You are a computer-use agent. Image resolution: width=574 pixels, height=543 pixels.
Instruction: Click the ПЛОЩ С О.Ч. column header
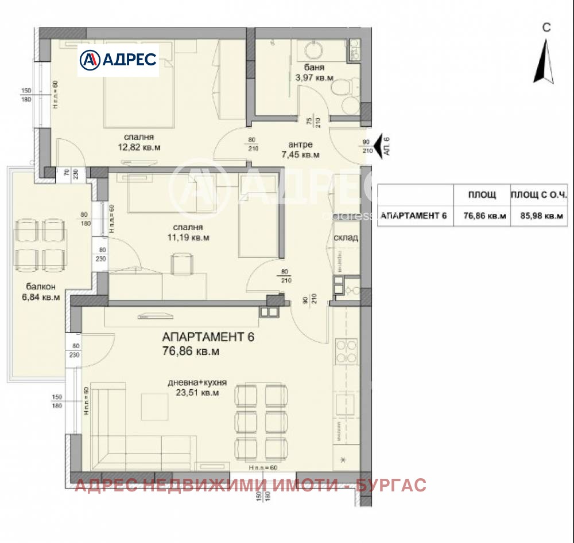point(538,195)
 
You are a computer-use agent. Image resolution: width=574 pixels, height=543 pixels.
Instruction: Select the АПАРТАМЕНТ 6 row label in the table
point(413,216)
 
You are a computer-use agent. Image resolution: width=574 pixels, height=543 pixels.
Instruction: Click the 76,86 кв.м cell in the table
point(481,216)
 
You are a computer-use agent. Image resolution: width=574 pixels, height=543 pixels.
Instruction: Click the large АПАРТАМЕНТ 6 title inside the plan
point(208,337)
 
